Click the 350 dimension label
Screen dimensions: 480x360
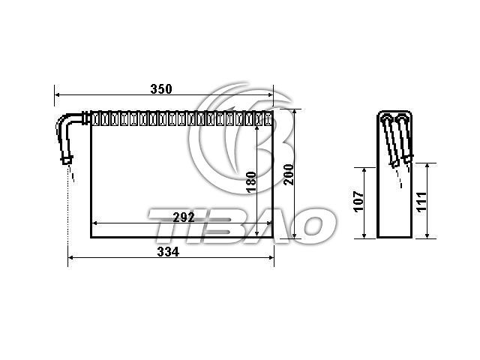[161, 88]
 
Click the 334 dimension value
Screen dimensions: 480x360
[168, 252]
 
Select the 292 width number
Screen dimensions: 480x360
[184, 217]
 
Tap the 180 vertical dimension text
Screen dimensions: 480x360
[251, 182]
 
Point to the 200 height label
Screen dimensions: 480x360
[289, 175]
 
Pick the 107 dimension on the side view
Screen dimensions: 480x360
[358, 202]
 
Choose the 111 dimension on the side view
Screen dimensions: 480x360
[421, 202]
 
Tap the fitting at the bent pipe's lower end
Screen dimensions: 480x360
[67, 160]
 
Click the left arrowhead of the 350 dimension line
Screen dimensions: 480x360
[57, 95]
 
